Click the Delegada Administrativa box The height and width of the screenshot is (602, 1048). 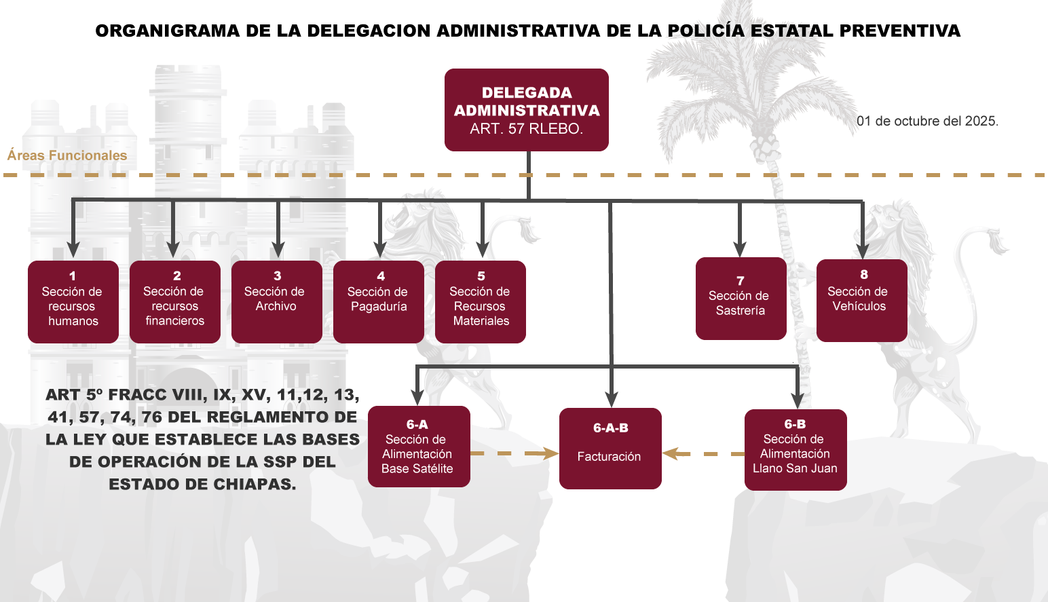(526, 109)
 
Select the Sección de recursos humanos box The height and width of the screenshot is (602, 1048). (73, 302)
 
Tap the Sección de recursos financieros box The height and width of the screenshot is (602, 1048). (175, 302)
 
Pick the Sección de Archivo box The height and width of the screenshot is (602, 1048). (277, 302)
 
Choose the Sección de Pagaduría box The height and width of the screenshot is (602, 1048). (379, 302)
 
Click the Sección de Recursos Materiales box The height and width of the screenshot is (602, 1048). (481, 302)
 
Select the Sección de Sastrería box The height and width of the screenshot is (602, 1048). (741, 299)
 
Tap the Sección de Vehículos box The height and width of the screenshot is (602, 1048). (861, 301)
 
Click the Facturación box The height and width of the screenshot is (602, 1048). (610, 449)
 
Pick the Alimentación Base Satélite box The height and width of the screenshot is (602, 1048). (419, 447)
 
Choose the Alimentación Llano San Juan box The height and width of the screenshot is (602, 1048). (796, 450)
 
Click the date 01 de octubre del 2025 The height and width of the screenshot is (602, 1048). (927, 121)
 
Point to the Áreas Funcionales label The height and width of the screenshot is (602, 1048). (67, 155)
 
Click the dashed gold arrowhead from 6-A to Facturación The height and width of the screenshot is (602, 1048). (550, 453)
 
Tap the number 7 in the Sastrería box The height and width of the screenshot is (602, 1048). (741, 281)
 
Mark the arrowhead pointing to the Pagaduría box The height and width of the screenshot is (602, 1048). (380, 250)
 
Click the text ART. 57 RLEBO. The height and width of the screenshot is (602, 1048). (526, 129)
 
